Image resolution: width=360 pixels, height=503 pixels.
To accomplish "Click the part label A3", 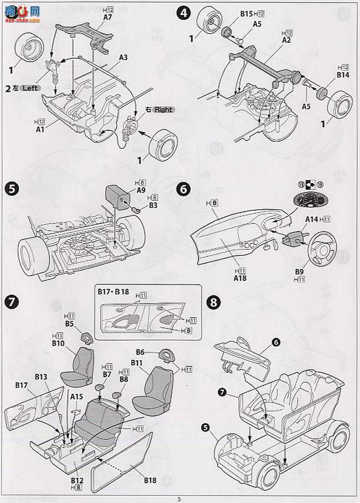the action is (x=123, y=58).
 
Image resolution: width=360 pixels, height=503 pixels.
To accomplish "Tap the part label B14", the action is (x=343, y=75).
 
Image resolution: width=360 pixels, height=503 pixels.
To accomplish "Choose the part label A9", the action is (x=142, y=190).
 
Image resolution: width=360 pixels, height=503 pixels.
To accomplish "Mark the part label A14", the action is (x=312, y=220).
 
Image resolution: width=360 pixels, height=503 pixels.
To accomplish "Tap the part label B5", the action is (x=70, y=324).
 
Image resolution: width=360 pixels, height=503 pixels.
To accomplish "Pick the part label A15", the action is (x=76, y=396).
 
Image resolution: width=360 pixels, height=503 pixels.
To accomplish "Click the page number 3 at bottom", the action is (x=179, y=498).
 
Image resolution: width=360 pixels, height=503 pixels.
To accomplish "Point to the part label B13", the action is (x=41, y=376).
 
